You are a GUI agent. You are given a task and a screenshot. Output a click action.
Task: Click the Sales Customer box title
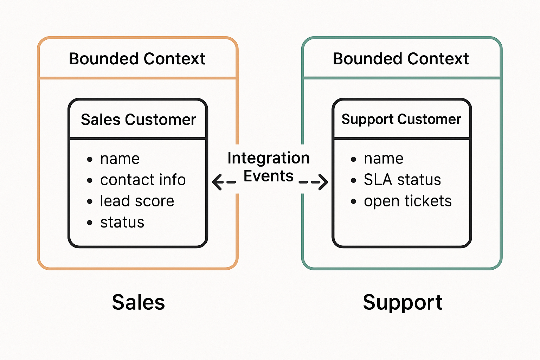tap(138, 120)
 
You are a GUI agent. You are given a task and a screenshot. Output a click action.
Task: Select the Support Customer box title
tap(401, 120)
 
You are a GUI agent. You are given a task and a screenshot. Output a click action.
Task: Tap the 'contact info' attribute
tap(143, 180)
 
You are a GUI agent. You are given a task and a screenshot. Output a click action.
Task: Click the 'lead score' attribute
tap(137, 201)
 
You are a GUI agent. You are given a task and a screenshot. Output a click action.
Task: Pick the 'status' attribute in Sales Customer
tap(122, 223)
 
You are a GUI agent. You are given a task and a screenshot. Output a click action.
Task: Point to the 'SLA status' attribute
tap(402, 180)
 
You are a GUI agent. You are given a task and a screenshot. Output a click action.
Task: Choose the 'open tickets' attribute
tap(407, 201)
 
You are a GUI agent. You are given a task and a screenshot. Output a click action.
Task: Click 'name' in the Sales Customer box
tap(120, 159)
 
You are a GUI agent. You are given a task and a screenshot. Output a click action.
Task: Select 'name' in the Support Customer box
tap(384, 159)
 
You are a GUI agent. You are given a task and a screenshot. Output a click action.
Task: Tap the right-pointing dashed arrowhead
tap(322, 182)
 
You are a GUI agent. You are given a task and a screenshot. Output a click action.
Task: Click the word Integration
tap(269, 158)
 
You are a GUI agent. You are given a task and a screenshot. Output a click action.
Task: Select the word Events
tap(269, 176)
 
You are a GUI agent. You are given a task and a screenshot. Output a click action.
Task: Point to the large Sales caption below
tap(138, 302)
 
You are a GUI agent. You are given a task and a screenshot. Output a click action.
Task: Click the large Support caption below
tap(403, 302)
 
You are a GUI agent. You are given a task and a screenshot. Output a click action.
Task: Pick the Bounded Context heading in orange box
tap(137, 59)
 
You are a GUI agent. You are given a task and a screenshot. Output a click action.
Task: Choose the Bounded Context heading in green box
tap(401, 59)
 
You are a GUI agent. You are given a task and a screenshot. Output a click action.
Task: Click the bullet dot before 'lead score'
tap(90, 202)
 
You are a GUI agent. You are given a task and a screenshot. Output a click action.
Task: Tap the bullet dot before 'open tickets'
tap(354, 202)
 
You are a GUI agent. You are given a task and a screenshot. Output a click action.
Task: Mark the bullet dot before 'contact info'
tap(90, 181)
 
